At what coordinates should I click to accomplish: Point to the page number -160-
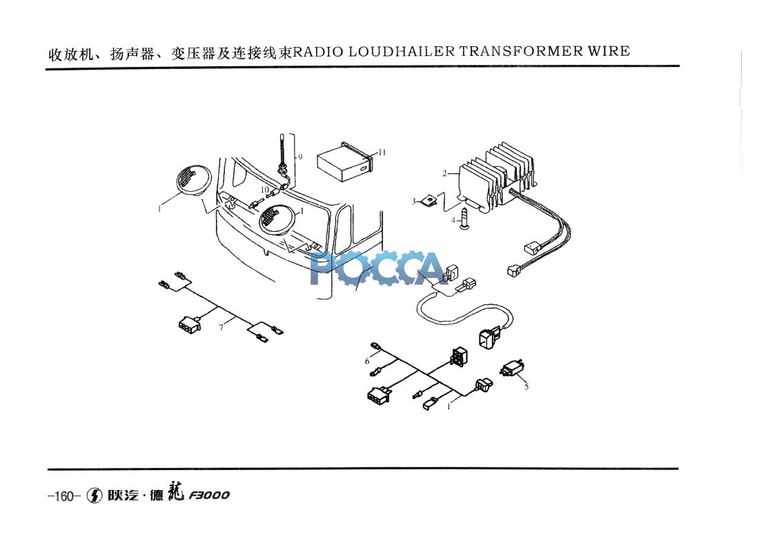pos(65,496)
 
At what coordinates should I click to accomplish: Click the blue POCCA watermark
pos(378,268)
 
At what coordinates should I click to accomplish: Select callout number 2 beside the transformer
pos(445,173)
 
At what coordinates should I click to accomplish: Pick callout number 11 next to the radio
pos(382,152)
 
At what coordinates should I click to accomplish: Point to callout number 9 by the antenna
pos(300,157)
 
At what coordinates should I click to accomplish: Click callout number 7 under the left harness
pos(221,327)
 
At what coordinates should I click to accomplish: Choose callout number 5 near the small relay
pos(526,387)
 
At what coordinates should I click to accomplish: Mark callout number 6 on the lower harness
pos(367,361)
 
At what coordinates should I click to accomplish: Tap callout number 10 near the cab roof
pos(264,189)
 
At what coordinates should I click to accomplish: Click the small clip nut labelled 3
pos(431,201)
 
